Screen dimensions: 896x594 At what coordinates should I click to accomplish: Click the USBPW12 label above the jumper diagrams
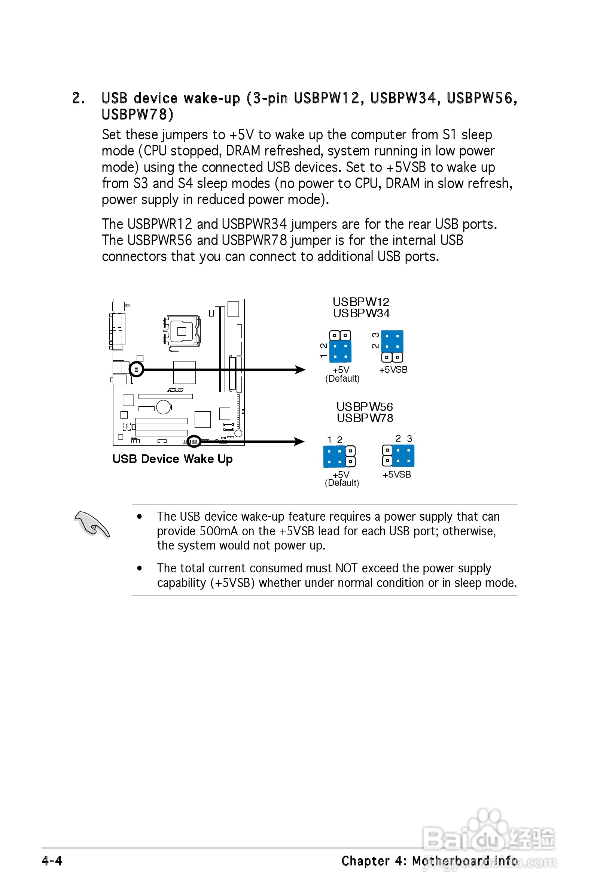click(x=361, y=302)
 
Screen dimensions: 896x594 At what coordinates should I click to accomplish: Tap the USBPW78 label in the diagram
click(x=365, y=418)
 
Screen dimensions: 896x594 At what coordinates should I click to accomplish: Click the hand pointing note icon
click(x=92, y=524)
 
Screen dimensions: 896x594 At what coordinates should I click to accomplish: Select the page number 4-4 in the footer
click(x=52, y=860)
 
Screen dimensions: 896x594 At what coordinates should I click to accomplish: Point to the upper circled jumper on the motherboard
click(x=136, y=369)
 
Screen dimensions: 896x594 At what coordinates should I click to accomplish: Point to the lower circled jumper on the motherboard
click(x=194, y=441)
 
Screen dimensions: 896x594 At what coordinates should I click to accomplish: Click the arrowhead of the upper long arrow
click(x=301, y=370)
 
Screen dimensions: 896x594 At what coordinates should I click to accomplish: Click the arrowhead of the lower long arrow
click(x=300, y=441)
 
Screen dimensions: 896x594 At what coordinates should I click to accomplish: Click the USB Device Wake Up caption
click(x=173, y=459)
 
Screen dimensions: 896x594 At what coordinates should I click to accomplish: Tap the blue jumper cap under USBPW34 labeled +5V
click(x=340, y=351)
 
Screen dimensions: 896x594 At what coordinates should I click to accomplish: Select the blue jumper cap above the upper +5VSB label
click(x=392, y=341)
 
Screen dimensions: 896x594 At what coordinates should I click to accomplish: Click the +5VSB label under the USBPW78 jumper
click(x=397, y=475)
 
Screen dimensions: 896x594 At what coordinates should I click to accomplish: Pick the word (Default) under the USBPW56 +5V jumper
click(x=342, y=483)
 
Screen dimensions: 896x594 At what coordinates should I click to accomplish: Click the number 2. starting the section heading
click(x=79, y=98)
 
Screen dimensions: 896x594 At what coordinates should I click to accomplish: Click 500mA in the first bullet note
click(x=219, y=531)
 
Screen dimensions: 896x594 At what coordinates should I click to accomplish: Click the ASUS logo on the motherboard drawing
click(x=176, y=390)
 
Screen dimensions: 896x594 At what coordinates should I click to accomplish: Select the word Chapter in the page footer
click(x=366, y=861)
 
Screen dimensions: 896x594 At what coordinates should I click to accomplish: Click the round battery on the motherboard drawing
click(x=164, y=407)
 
